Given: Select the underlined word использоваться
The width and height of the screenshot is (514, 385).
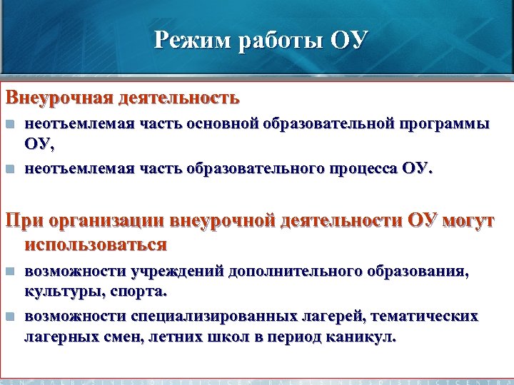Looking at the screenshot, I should tap(96, 245).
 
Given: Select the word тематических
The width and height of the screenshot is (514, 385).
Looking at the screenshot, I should tap(428, 315).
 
